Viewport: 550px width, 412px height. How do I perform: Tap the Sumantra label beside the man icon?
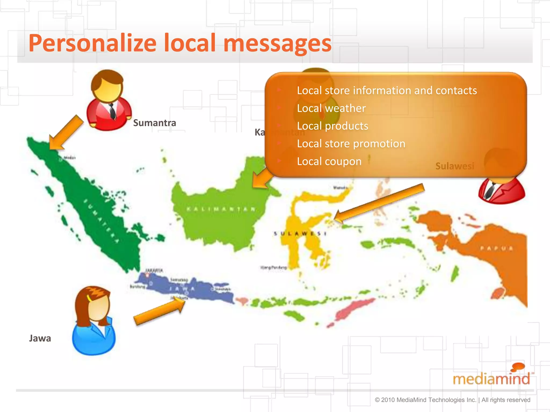point(154,123)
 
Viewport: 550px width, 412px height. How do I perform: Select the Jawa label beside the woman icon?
point(40,338)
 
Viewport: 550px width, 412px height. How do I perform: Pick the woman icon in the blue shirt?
point(94,322)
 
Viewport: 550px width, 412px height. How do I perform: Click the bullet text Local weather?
point(331,108)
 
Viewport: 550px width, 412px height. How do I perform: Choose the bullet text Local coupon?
point(329,161)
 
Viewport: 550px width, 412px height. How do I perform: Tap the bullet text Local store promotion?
point(351,144)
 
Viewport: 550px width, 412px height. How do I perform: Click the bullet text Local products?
point(332,126)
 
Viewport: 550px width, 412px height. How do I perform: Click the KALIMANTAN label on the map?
point(221,209)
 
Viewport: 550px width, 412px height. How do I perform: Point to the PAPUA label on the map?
point(497,248)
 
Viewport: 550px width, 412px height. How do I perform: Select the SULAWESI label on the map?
point(300,234)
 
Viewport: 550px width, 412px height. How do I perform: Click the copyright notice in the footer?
point(452,400)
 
